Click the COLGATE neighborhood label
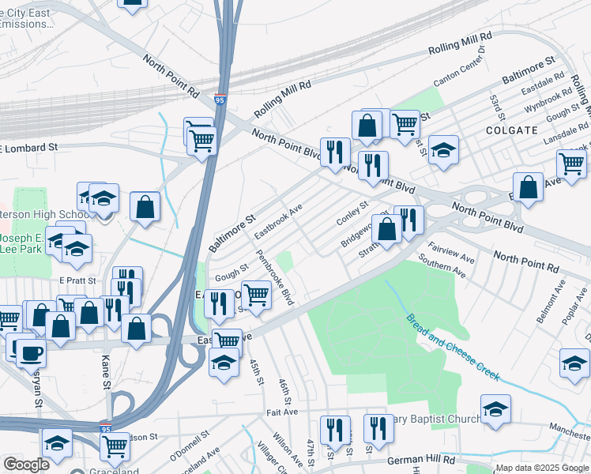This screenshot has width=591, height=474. (512, 130)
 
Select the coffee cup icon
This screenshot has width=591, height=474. (31, 352)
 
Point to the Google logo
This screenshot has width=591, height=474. (27, 465)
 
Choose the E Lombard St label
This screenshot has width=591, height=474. (29, 147)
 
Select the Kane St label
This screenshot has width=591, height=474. (106, 372)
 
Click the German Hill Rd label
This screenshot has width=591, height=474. (421, 460)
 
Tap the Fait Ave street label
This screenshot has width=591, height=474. (282, 412)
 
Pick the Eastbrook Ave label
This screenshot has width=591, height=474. (279, 222)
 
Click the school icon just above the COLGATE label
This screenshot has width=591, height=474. (443, 149)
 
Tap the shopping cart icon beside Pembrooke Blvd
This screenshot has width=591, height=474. (256, 295)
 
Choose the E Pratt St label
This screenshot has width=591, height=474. (77, 280)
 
